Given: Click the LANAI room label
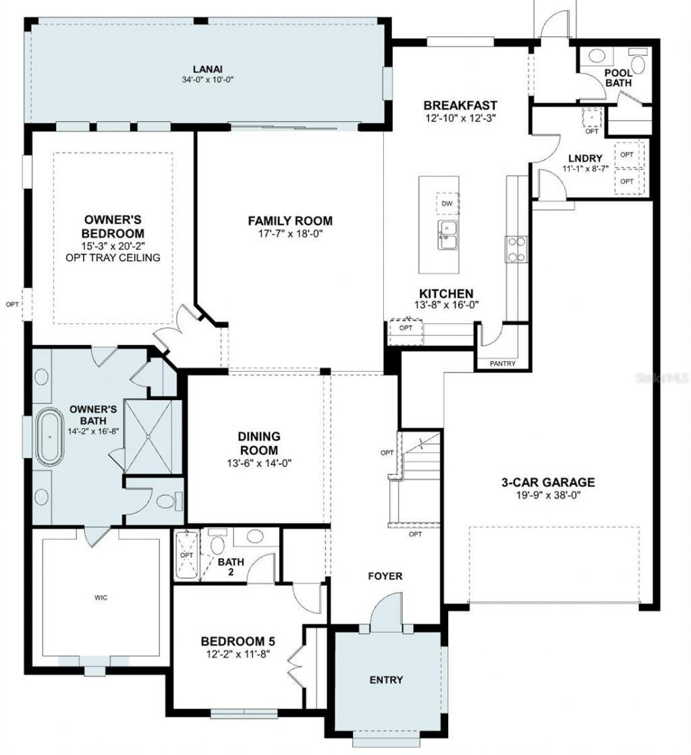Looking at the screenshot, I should click(207, 68).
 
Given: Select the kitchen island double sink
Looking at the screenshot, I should click(446, 235).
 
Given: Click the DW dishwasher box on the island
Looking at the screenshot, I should click(445, 203).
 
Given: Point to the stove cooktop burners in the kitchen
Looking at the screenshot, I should click(516, 248).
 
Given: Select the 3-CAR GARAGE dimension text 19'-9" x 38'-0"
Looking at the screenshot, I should click(547, 495).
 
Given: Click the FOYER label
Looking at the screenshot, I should click(385, 576).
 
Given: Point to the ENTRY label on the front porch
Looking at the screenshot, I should click(386, 679).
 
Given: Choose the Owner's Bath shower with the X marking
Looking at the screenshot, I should click(154, 437).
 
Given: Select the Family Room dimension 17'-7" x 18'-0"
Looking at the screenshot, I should click(289, 233).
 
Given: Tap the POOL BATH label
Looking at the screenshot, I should click(617, 78).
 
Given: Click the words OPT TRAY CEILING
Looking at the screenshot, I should click(113, 258).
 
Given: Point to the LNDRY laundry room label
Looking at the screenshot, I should click(585, 159).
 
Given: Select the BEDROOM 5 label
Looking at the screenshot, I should click(238, 641).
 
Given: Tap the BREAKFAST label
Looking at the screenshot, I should click(460, 105).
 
